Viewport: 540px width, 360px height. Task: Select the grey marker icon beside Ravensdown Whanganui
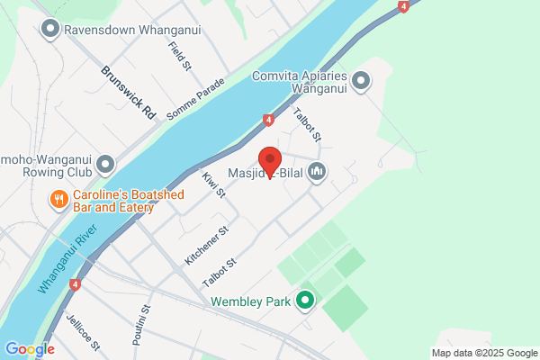pos(50,30)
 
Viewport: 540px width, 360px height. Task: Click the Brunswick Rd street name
pos(128,93)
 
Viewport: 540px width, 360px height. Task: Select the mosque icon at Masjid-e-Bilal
pos(316,171)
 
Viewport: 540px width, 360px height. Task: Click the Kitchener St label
pos(207,245)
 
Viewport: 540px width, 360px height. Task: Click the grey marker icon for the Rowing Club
pos(106,164)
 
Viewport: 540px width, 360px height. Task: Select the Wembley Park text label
pos(251,302)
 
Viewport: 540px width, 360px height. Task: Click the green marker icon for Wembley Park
pos(304,301)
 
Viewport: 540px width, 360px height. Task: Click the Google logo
pos(30,349)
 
